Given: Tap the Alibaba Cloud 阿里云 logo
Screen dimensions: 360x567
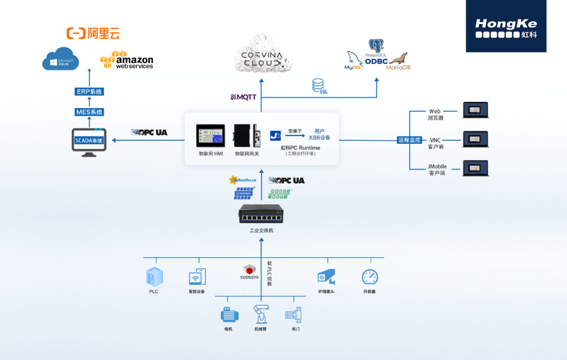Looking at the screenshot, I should click(x=93, y=34).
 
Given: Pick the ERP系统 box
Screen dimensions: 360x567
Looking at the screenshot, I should click(x=89, y=92).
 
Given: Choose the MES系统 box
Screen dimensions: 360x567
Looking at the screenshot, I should click(x=89, y=112).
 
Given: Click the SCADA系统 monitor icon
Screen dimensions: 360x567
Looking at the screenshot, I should click(x=89, y=142).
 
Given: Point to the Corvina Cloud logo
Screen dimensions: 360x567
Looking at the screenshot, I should click(x=261, y=55).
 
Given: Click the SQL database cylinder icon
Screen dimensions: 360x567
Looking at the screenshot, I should click(x=318, y=85).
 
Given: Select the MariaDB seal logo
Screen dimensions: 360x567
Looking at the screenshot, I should click(x=398, y=61).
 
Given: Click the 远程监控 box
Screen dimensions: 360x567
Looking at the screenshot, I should click(x=409, y=140).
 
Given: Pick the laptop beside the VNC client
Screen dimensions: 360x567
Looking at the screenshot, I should click(x=475, y=139).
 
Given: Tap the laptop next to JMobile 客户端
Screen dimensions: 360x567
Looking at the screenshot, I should click(x=475, y=167).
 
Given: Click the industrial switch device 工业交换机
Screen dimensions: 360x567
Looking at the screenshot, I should click(x=261, y=214).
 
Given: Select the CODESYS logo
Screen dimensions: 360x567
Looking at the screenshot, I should click(x=249, y=272).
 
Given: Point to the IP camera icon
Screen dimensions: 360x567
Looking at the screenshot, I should click(x=326, y=277).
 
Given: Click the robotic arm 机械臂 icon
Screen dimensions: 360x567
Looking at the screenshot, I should click(x=261, y=314).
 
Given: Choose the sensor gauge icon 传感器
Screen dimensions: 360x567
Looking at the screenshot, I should click(x=370, y=277).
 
